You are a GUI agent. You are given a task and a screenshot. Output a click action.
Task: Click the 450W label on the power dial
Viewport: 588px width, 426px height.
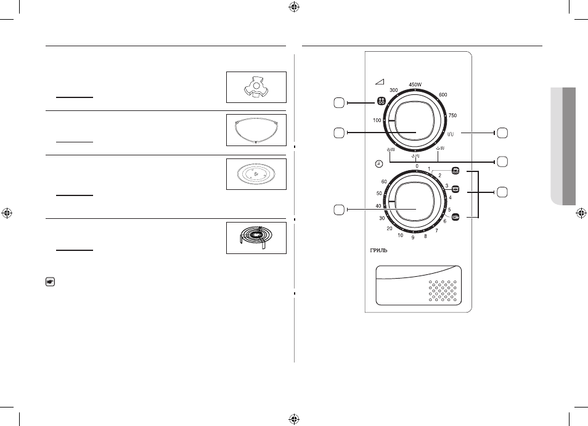pyautogui.click(x=415, y=84)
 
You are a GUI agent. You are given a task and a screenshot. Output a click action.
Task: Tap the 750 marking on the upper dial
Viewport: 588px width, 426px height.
pyautogui.click(x=452, y=115)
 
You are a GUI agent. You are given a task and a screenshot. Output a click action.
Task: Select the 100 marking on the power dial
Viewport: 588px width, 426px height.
pyautogui.click(x=377, y=120)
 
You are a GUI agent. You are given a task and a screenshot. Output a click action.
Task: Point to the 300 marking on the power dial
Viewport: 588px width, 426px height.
pyautogui.click(x=394, y=91)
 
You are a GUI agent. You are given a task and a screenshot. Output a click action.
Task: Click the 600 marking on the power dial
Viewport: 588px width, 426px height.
pyautogui.click(x=443, y=95)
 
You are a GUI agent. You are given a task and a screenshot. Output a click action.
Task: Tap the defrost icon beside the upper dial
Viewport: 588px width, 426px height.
pyautogui.click(x=381, y=101)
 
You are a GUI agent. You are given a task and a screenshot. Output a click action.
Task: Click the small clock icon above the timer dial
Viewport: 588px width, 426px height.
pyautogui.click(x=379, y=164)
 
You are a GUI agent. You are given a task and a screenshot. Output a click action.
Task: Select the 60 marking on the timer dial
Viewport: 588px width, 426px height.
pyautogui.click(x=384, y=182)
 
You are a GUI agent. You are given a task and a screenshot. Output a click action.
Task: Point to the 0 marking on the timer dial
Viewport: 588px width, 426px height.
pyautogui.click(x=417, y=166)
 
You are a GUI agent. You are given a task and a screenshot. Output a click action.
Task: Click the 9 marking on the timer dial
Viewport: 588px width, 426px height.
pyautogui.click(x=413, y=238)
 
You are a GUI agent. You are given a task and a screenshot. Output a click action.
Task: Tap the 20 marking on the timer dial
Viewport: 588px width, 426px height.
pyautogui.click(x=390, y=228)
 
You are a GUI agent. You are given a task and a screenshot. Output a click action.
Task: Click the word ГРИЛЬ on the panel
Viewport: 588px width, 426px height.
pyautogui.click(x=379, y=250)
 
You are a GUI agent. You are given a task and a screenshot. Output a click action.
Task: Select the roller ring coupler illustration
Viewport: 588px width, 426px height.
pyautogui.click(x=256, y=87)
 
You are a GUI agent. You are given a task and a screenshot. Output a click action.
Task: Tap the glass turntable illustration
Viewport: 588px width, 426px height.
pyautogui.click(x=256, y=174)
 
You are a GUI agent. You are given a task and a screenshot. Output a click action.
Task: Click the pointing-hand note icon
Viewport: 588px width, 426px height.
pyautogui.click(x=51, y=282)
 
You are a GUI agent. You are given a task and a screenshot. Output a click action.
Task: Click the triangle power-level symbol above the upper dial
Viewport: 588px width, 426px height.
pyautogui.click(x=380, y=82)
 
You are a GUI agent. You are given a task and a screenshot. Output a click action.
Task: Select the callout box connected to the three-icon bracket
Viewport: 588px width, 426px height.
pyautogui.click(x=502, y=192)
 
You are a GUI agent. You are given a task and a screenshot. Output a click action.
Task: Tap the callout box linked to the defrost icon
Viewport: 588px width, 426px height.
pyautogui.click(x=339, y=103)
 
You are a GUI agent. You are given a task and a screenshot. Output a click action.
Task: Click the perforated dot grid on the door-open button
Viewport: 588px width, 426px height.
pyautogui.click(x=443, y=291)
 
